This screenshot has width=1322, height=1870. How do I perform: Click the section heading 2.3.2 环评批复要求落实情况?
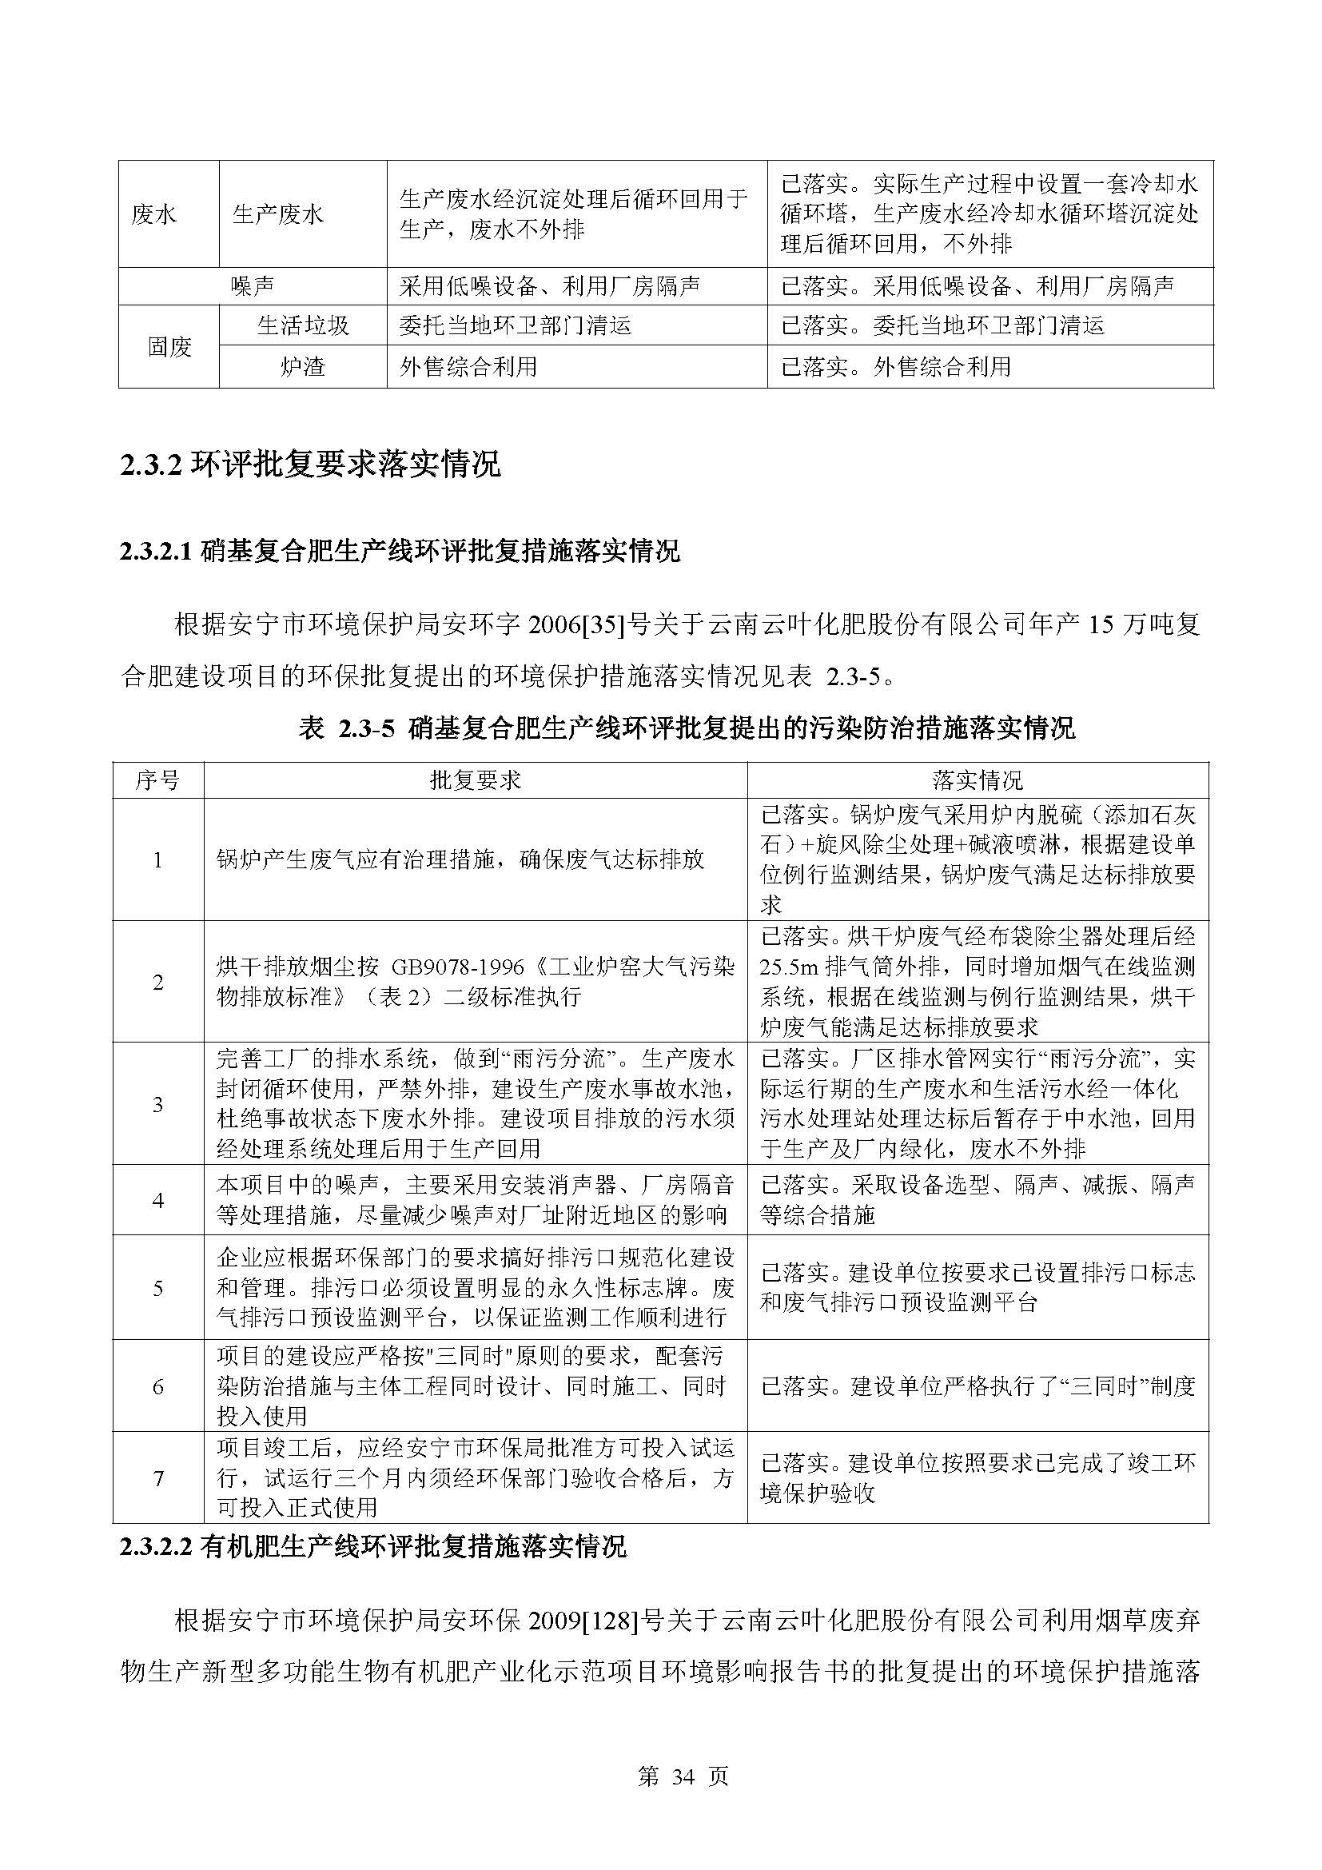tap(310, 465)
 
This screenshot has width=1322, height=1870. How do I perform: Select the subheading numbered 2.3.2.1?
tap(400, 552)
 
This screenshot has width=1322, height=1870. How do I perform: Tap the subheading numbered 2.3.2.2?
tap(372, 1546)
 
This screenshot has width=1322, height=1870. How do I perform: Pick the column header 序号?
tap(157, 781)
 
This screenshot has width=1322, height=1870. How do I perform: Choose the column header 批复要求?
tap(476, 781)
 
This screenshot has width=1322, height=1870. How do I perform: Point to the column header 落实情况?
tap(977, 781)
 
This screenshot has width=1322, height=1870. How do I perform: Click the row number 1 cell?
tap(158, 860)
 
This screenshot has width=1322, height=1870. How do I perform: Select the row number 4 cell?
tap(158, 1201)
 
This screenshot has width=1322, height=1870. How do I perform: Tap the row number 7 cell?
tap(158, 1478)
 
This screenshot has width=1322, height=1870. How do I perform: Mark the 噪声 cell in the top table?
tap(253, 286)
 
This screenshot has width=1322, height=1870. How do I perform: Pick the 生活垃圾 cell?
tap(303, 325)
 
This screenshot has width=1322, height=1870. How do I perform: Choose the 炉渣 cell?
tap(303, 366)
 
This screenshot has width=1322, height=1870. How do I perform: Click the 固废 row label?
tap(169, 347)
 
